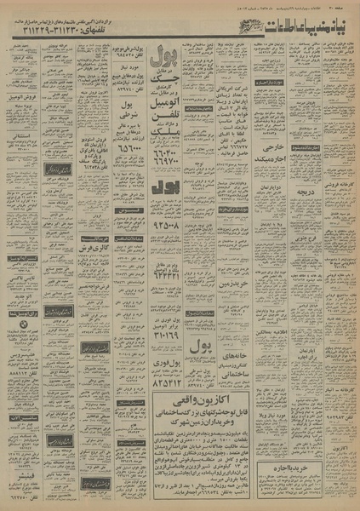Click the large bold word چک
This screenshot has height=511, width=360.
coord(167,82)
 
